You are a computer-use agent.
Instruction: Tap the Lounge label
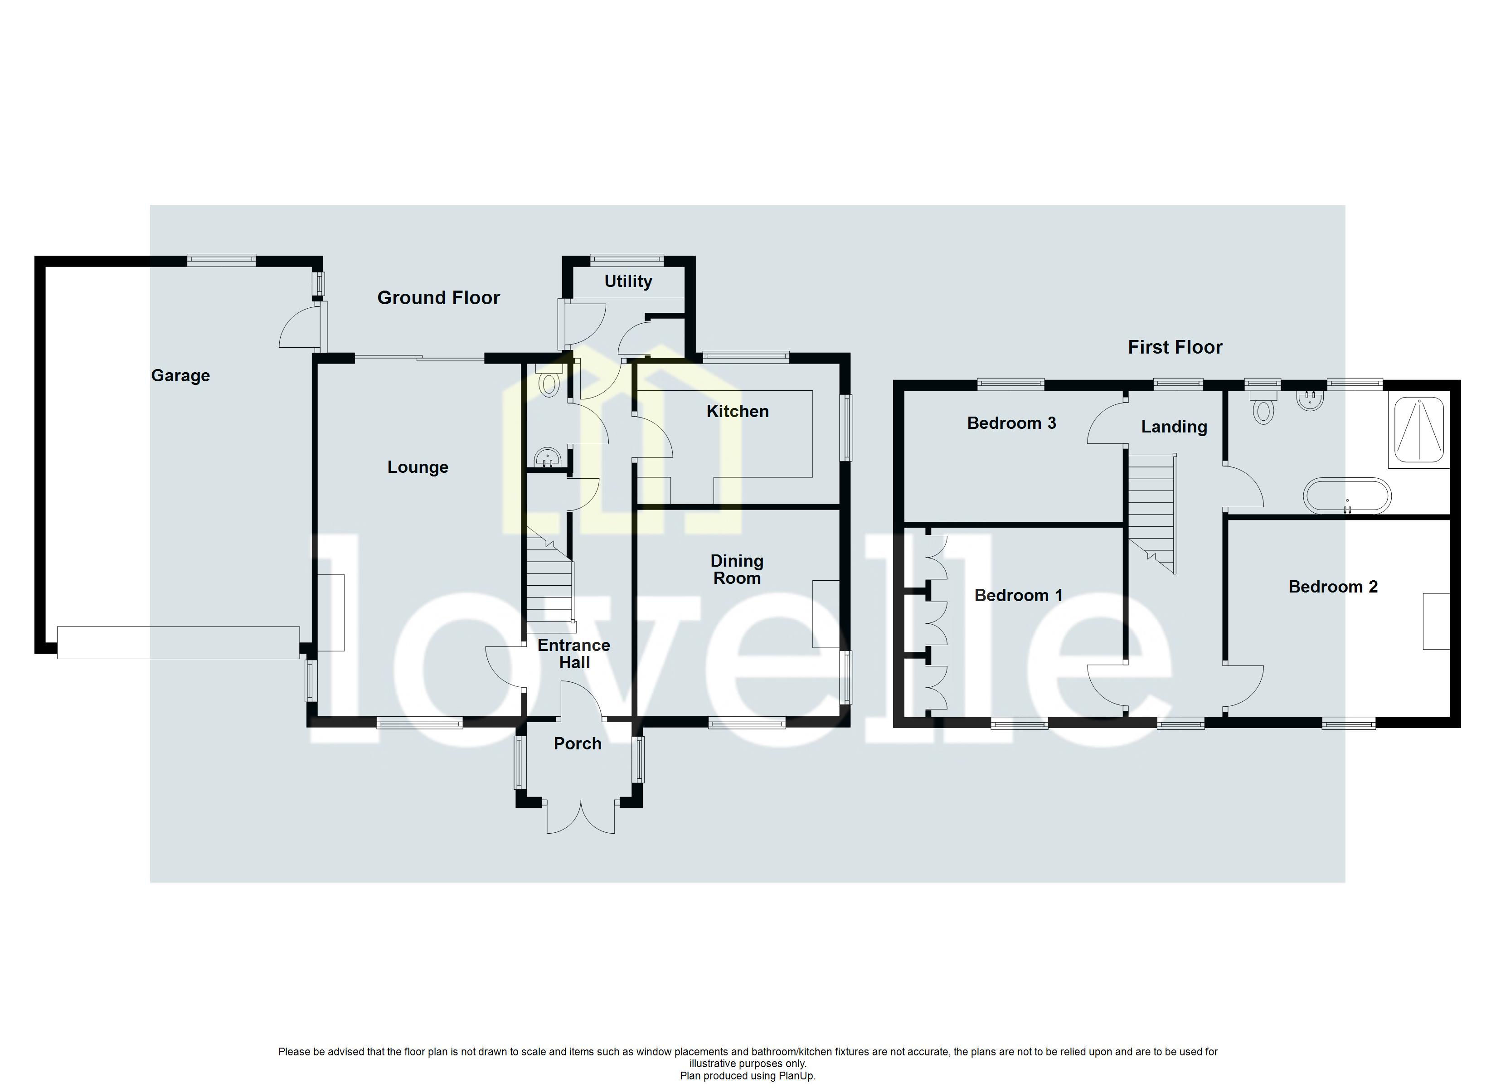pos(418,467)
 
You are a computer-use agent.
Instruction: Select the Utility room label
pos(628,281)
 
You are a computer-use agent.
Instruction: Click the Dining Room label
pos(737,569)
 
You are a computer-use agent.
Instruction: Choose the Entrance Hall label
pos(574,654)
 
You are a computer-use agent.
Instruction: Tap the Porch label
pos(577,743)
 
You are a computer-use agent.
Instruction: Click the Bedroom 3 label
pos(1011,423)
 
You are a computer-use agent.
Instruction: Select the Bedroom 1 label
pos(1019,595)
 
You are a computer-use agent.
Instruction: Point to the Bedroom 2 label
pos(1332,587)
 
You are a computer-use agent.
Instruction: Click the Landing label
pos(1174,427)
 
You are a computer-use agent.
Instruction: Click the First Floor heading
pos(1175,347)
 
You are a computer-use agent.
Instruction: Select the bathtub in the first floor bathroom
pos(1347,496)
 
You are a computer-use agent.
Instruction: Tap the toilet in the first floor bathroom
pos(1263,410)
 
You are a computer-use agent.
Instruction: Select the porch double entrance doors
pos(580,818)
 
